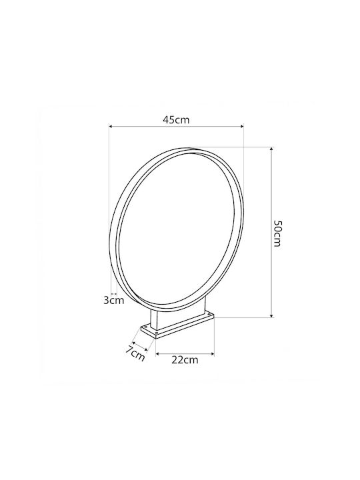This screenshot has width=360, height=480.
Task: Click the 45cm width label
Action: [x=176, y=119]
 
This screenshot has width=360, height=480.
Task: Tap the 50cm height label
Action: [x=277, y=233]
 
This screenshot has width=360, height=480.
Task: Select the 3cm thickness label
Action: [x=114, y=300]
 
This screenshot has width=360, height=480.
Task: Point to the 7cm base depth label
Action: [x=135, y=353]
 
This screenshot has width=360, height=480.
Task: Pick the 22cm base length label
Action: [x=185, y=360]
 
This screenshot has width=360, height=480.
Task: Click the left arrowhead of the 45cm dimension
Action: [x=111, y=126]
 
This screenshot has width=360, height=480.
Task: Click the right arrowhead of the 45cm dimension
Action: [x=241, y=126]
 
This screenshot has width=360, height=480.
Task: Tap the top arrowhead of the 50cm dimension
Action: [x=271, y=149]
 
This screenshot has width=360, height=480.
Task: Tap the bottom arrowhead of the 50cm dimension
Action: [x=271, y=315]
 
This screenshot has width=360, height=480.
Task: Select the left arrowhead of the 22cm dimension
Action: [x=158, y=354]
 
